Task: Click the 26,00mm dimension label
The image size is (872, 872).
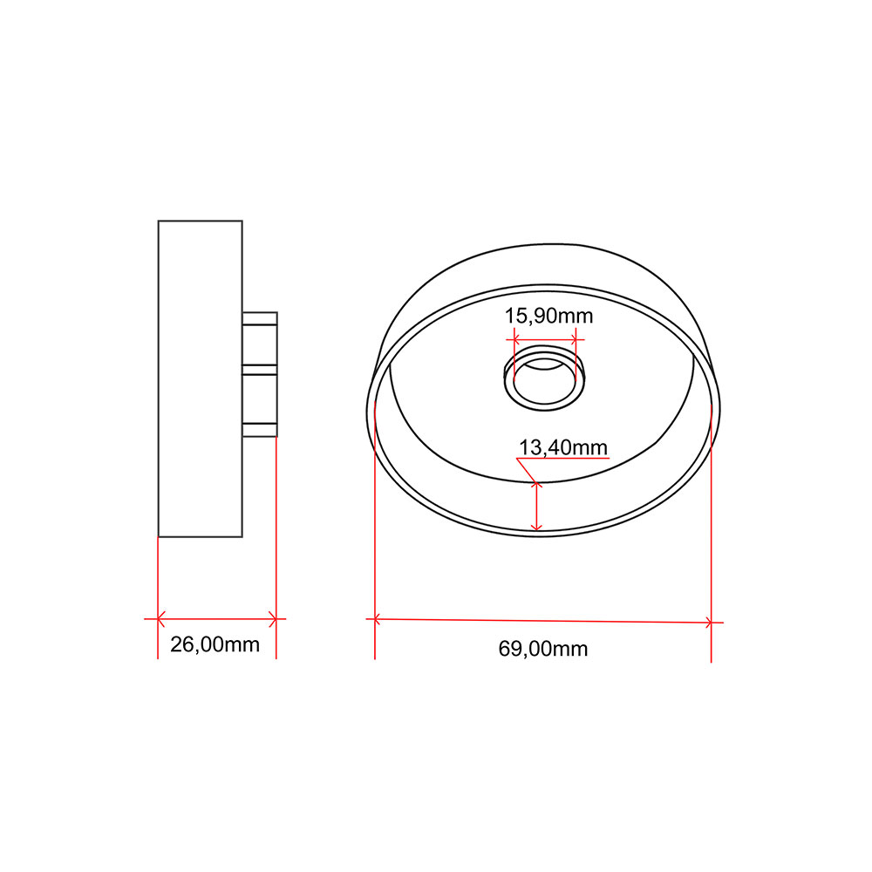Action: click(x=215, y=644)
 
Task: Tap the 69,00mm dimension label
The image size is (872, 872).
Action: click(x=542, y=649)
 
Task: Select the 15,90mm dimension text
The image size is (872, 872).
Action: click(x=548, y=316)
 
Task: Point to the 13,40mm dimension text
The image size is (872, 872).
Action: click(x=562, y=447)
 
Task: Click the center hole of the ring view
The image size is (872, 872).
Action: click(x=544, y=381)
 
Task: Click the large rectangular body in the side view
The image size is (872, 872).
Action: click(x=201, y=378)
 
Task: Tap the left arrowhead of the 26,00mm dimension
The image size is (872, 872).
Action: click(x=161, y=618)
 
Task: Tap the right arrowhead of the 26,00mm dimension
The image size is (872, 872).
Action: click(x=272, y=618)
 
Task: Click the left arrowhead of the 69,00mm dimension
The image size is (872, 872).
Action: click(x=378, y=618)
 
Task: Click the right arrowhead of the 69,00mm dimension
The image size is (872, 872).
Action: click(x=708, y=623)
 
